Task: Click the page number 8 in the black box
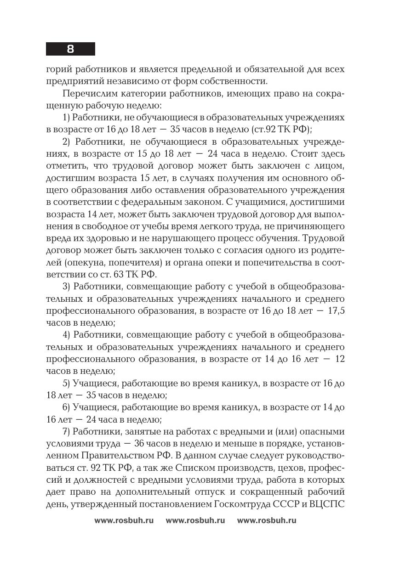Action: [70, 49]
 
